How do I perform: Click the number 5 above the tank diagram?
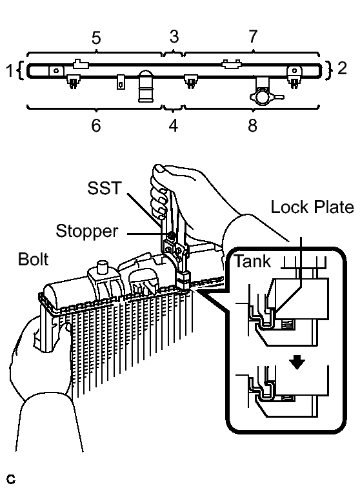tap(96, 38)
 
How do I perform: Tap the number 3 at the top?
tap(174, 36)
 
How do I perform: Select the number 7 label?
tap(253, 36)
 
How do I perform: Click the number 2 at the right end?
tap(342, 68)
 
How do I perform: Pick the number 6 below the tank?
tap(96, 125)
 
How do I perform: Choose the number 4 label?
tap(174, 125)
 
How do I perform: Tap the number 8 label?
tap(253, 125)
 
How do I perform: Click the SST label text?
tap(104, 188)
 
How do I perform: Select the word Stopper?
tap(87, 231)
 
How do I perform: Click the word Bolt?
tap(33, 259)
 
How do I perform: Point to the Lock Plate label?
tap(312, 207)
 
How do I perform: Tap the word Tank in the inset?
tap(253, 261)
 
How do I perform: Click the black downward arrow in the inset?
tap(297, 363)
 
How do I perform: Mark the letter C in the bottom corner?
tap(10, 479)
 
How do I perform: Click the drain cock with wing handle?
tap(265, 96)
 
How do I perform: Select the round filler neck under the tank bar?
tap(146, 86)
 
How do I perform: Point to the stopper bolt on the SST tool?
tap(171, 235)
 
